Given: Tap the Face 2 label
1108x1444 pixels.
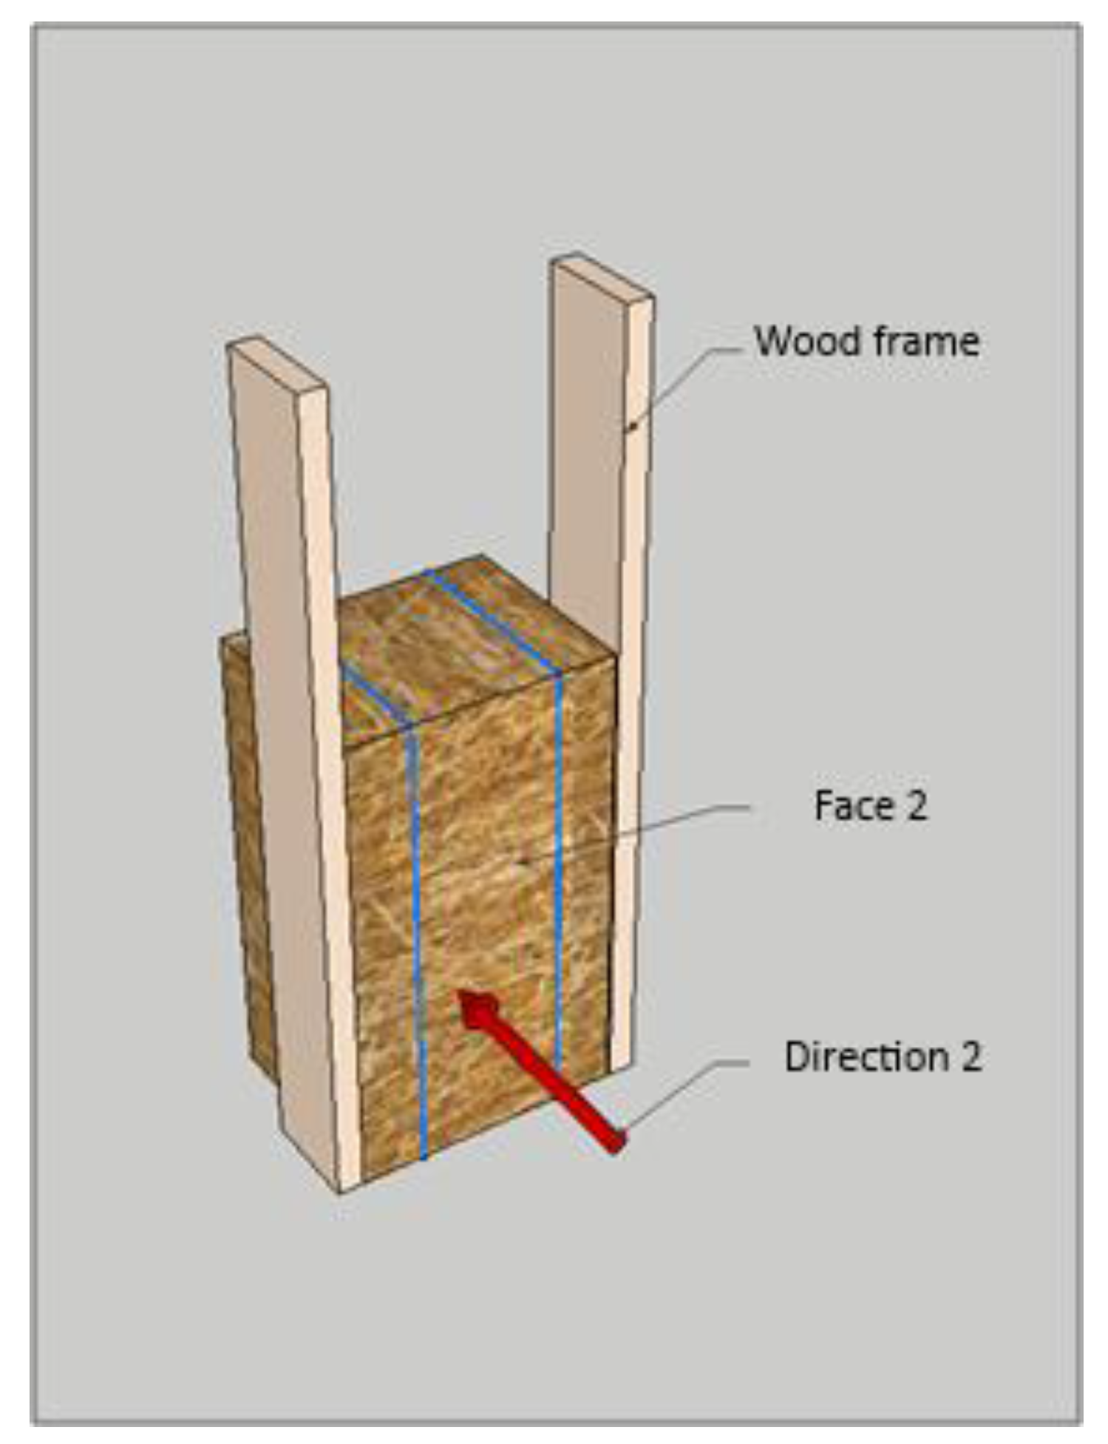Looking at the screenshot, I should tap(870, 805).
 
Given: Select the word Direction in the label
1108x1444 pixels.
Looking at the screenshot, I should tap(866, 1057).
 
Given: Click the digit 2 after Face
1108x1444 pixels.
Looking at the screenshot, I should tap(916, 805).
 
